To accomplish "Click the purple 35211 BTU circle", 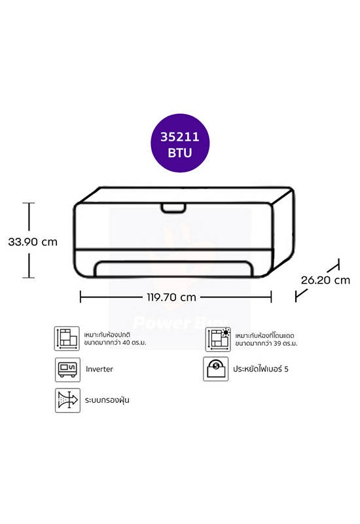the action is click(180, 143).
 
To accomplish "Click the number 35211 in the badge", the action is click(180, 137).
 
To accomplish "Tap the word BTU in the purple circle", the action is click(180, 153).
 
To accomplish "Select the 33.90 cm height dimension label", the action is click(33, 242).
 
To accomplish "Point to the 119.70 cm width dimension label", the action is click(171, 297).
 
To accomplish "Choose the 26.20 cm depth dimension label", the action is click(325, 280).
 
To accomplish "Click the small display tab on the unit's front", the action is click(173, 208).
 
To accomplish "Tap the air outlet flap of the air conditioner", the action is click(173, 269).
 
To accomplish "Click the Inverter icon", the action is click(67, 369).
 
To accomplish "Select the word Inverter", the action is click(99, 369).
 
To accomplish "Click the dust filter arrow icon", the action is click(67, 400).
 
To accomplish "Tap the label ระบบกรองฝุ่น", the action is click(107, 400).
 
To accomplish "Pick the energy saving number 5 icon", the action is click(216, 369).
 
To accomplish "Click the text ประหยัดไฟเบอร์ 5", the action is click(261, 369).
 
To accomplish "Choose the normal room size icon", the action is click(67, 339).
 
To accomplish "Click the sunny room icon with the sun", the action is click(218, 339).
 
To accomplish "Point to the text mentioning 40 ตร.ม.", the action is click(115, 339).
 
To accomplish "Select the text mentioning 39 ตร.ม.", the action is click(266, 339).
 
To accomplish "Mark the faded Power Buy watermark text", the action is click(179, 322).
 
